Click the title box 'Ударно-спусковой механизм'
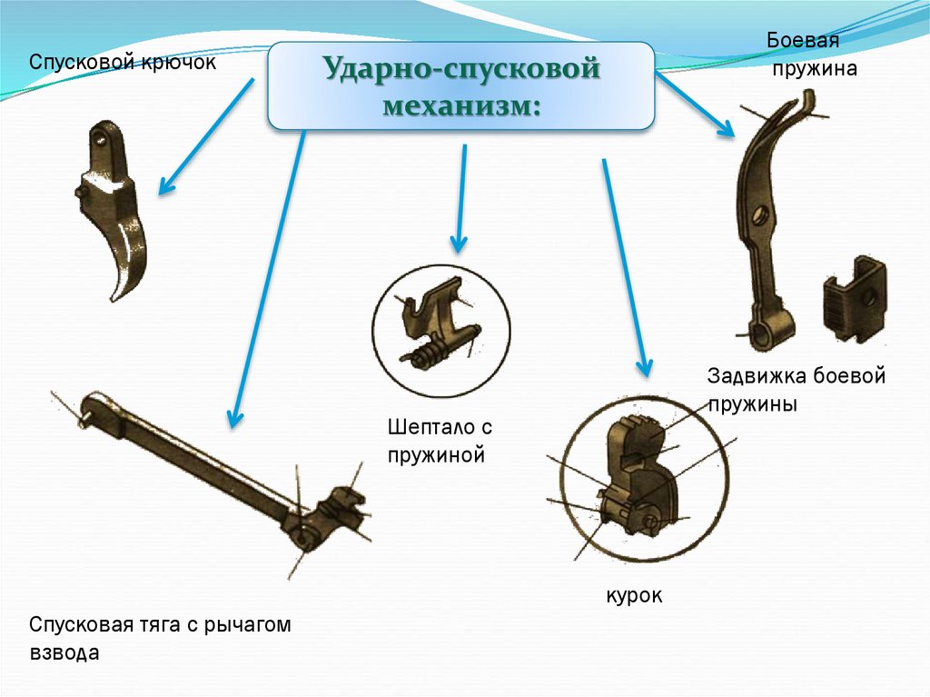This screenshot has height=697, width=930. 460,85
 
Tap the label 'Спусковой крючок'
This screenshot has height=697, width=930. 123,63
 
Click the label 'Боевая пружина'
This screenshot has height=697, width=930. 811,54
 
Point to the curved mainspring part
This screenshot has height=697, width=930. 767,218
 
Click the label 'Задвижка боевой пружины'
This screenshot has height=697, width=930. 796,390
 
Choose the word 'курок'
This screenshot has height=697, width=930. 634,595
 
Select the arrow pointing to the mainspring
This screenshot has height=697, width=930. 695,105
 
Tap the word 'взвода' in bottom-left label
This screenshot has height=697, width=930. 64,652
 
